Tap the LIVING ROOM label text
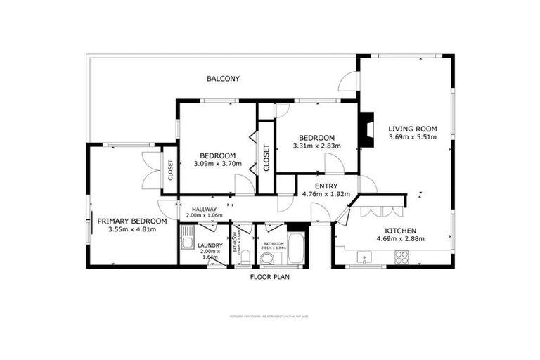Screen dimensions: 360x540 pos(413,129)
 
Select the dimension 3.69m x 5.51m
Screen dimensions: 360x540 pos(413,137)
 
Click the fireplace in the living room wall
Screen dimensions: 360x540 pos(366,130)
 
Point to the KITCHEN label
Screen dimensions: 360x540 pos(401,231)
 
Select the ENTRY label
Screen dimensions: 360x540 pos(326,186)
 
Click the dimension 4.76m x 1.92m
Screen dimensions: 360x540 pos(326,194)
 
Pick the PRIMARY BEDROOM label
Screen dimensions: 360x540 pos(132,221)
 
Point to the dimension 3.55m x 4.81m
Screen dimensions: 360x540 pos(132,229)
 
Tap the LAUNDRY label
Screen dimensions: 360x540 pos(210,245)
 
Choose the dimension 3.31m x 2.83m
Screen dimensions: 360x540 pos(316,146)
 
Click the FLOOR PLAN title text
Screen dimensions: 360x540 pos(269,277)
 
